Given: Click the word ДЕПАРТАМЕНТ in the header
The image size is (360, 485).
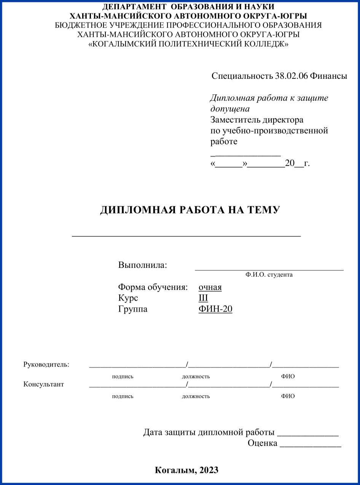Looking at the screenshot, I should (129, 7).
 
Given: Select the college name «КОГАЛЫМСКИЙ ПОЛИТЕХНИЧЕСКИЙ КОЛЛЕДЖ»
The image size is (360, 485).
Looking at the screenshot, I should (188, 44).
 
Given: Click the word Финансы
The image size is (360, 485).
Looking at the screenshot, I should (328, 76).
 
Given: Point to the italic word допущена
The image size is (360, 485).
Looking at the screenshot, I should (230, 109).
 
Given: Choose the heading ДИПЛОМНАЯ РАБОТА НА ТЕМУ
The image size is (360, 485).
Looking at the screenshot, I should (190, 210).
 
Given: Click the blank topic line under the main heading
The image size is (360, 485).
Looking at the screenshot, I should (186, 235).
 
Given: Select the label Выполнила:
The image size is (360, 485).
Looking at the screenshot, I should (143, 265).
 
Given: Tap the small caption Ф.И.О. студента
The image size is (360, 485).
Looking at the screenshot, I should (269, 274).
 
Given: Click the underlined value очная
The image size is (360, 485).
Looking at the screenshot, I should (210, 287).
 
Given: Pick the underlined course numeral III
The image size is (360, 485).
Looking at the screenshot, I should (203, 298).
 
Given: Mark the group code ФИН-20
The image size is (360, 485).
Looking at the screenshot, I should (215, 309).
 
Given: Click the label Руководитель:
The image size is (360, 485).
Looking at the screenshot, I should (46, 364).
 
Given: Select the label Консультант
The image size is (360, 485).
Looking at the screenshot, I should (44, 384).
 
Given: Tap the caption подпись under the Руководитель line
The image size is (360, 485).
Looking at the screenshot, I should (123, 376).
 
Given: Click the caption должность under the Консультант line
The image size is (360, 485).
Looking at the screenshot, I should (196, 396).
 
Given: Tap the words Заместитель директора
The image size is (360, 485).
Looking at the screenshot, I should (257, 120).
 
